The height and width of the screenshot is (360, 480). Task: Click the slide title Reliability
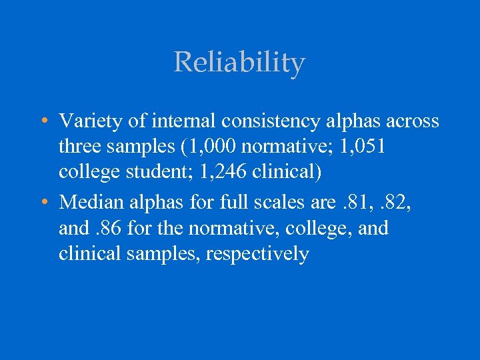pyautogui.click(x=239, y=63)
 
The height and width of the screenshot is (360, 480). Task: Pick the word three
pyautogui.click(x=79, y=146)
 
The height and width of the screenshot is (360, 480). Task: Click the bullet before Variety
pyautogui.click(x=43, y=121)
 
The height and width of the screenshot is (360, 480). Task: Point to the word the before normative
pyautogui.click(x=173, y=228)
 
